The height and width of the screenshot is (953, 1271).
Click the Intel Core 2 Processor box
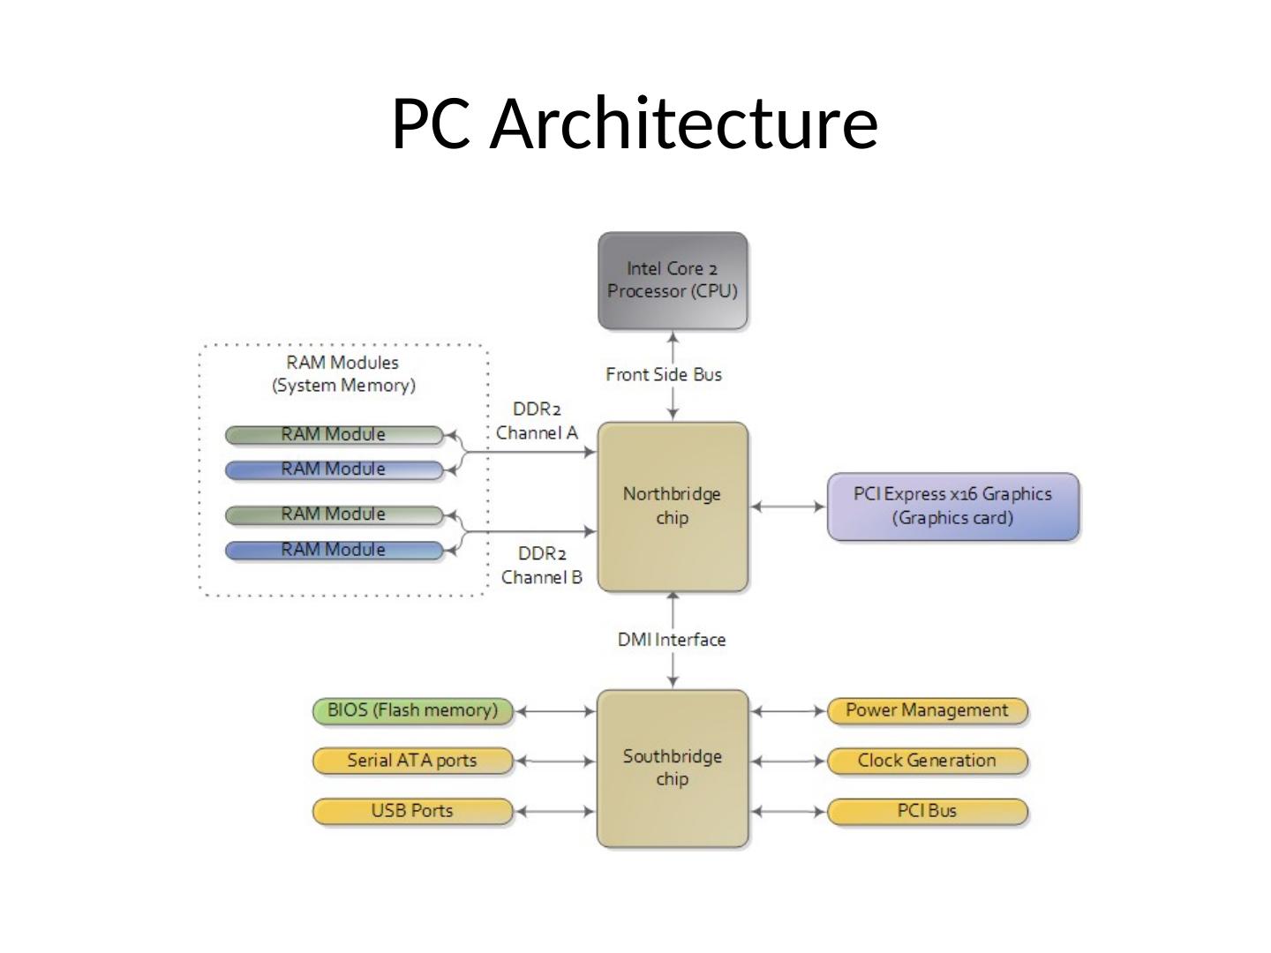click(673, 281)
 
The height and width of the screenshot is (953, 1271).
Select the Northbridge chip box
click(673, 507)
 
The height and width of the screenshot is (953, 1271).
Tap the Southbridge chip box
click(673, 768)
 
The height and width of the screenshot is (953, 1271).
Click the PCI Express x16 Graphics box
click(952, 507)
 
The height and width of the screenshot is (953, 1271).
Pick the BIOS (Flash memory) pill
click(412, 710)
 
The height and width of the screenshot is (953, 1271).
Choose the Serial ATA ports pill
click(412, 761)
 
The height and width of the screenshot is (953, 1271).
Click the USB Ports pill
click(412, 811)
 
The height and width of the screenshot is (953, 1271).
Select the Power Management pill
click(927, 710)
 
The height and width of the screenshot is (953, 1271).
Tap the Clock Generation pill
click(927, 761)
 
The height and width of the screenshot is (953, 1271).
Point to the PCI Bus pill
click(927, 811)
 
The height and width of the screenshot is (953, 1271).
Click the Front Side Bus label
click(664, 375)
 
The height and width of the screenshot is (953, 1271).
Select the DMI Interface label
click(672, 640)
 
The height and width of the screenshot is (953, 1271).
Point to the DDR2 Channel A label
click(537, 421)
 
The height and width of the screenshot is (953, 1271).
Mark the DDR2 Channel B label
click(542, 566)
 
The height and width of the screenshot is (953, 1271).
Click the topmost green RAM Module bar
click(334, 435)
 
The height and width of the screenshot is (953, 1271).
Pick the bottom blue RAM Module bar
click(334, 551)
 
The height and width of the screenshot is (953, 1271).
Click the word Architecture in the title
click(684, 124)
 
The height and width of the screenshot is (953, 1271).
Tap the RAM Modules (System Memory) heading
click(343, 374)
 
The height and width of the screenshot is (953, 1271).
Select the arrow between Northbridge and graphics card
click(787, 507)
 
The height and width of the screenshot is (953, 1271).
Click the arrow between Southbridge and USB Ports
click(554, 811)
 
